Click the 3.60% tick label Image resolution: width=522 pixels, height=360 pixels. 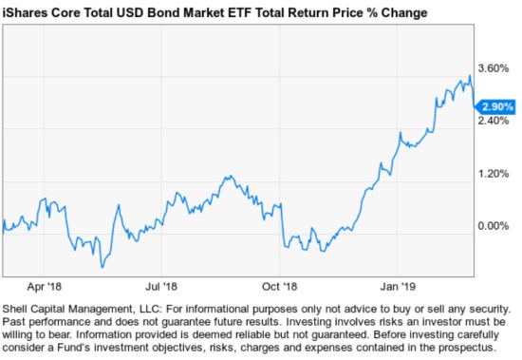pos(495,68)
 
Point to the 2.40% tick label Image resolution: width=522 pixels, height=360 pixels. pos(495,121)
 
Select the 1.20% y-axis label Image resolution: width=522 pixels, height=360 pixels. pos(495,174)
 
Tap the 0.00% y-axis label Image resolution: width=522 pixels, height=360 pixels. pos(495,226)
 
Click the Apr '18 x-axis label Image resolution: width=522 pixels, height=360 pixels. pos(44,284)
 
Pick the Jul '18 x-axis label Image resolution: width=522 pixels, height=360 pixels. pos(161,284)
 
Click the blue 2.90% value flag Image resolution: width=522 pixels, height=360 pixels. pos(497,106)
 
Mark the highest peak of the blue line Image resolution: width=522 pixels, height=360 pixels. pos(470,77)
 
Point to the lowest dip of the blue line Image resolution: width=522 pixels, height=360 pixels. pos(102,267)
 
